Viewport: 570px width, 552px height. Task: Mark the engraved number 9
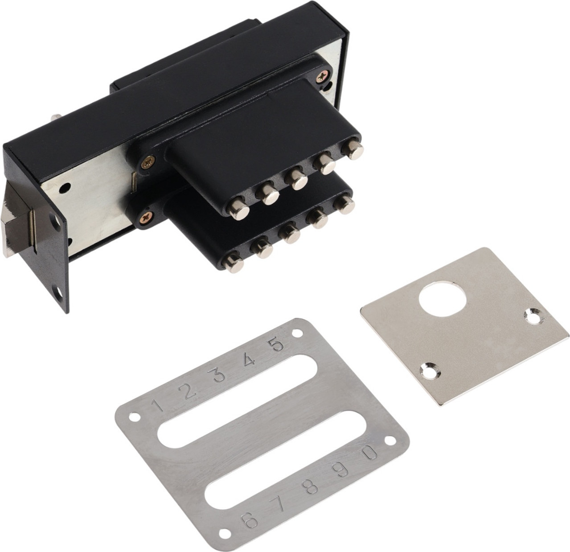(341, 469)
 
